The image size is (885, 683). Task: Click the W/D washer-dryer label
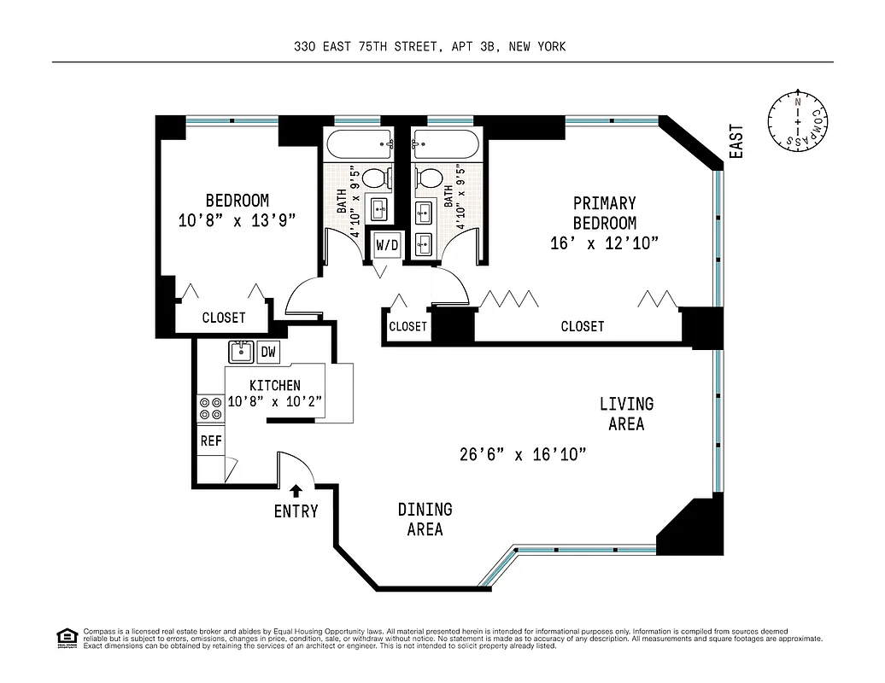click(387, 245)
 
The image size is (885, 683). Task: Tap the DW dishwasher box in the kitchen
click(268, 352)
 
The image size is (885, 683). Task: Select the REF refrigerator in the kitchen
click(211, 441)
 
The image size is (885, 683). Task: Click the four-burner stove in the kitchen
click(210, 409)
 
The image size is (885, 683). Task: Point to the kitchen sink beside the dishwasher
click(241, 352)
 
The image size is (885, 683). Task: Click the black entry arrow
click(296, 491)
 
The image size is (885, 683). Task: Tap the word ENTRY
click(296, 511)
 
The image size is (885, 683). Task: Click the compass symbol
click(798, 121)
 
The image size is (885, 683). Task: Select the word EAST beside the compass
click(736, 142)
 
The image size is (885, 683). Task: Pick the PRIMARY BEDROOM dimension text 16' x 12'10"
click(605, 243)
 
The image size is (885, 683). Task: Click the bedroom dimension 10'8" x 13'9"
click(237, 220)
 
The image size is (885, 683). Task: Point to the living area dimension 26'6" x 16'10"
click(523, 454)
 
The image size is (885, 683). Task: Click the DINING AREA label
click(425, 519)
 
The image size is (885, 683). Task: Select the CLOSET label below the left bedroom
click(224, 318)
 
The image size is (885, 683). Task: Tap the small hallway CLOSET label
click(408, 326)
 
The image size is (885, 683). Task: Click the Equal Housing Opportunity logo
click(67, 639)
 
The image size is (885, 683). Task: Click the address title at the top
click(430, 47)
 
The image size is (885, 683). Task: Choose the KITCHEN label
click(275, 386)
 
